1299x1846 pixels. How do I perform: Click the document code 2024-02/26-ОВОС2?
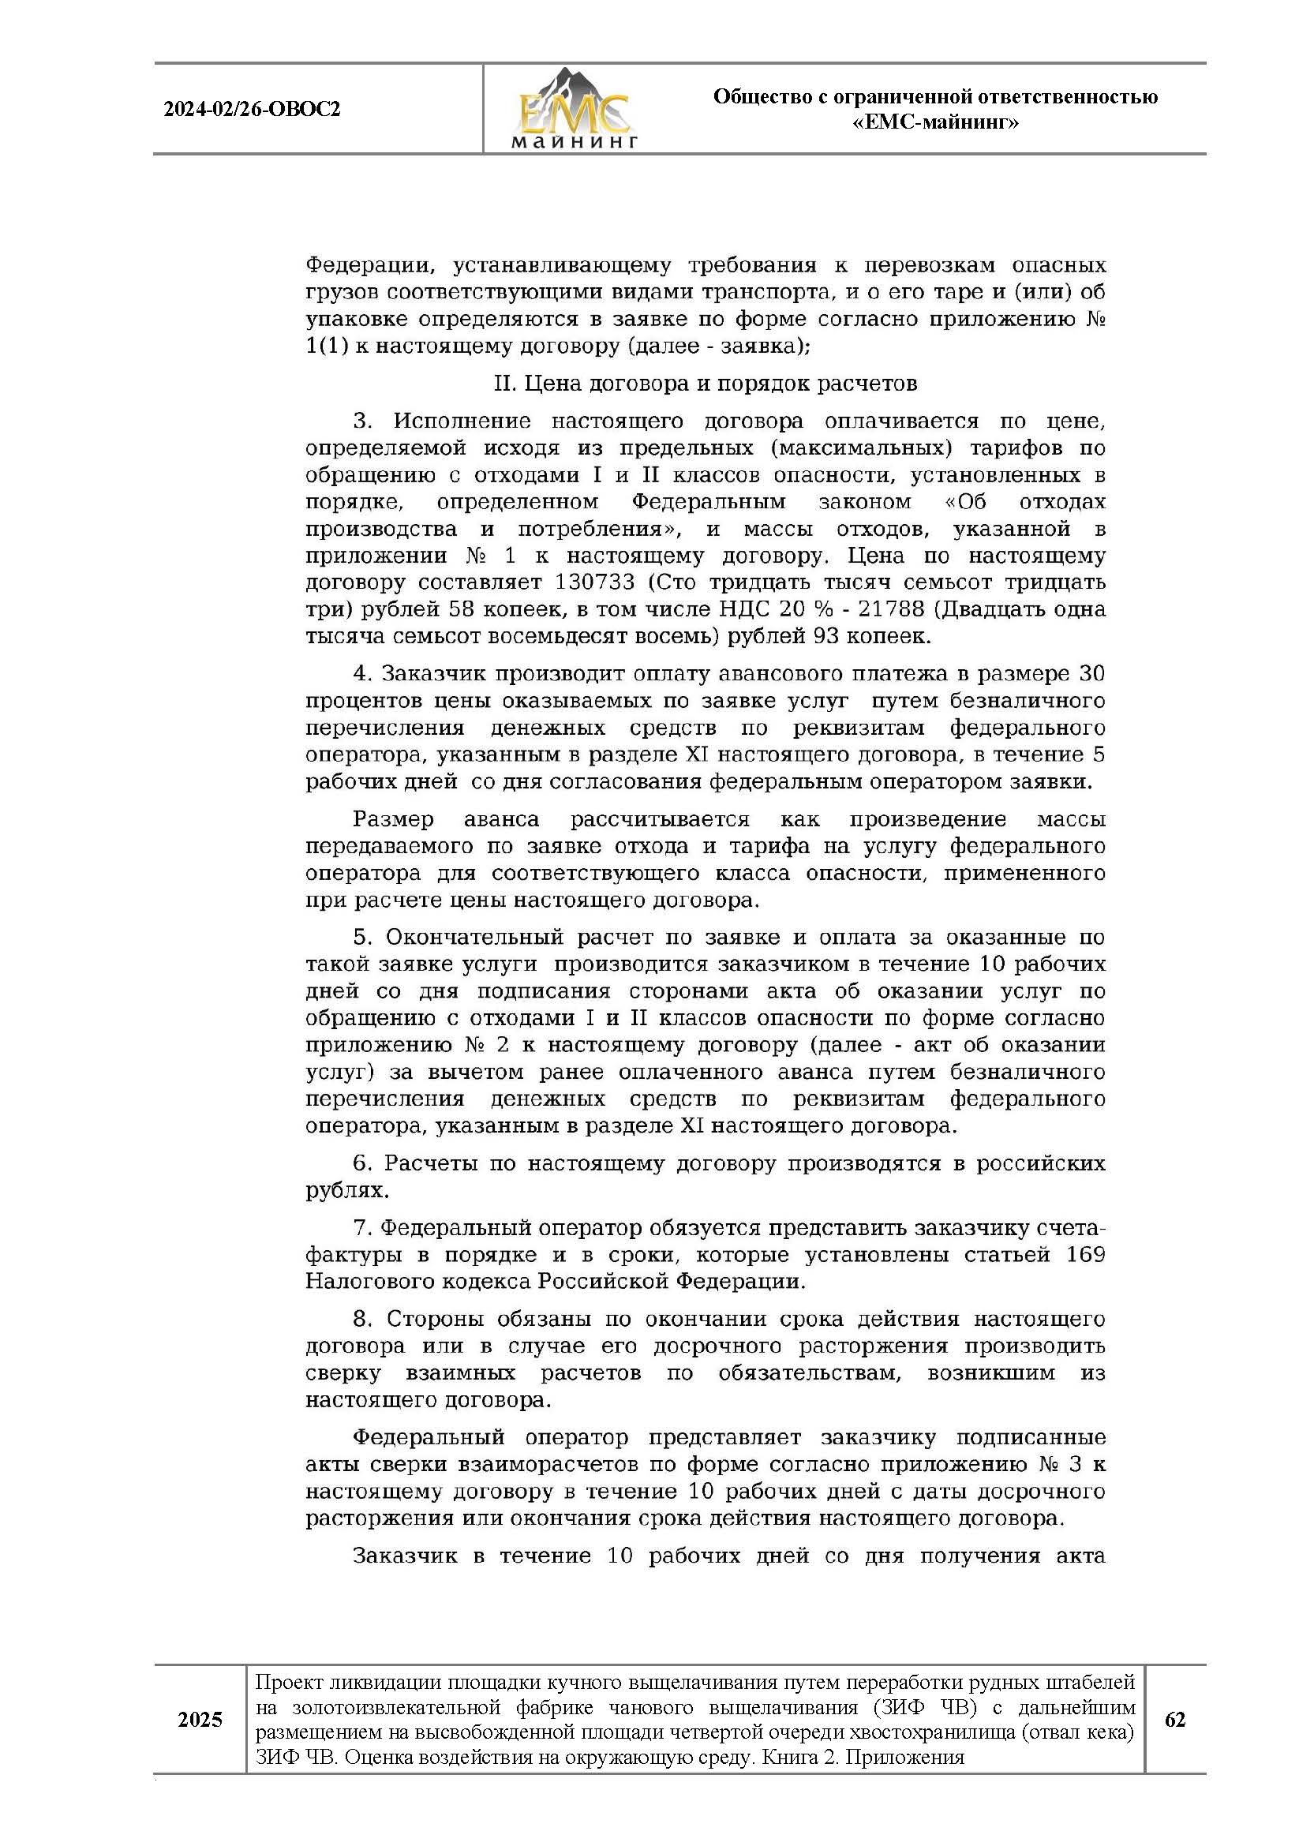click(x=252, y=110)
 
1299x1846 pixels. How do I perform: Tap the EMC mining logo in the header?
click(x=574, y=110)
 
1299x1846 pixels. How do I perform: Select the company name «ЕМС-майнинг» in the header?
click(x=935, y=123)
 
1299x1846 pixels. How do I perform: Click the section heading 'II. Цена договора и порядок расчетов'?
click(x=705, y=384)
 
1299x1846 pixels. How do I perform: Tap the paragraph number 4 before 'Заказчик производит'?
click(x=359, y=673)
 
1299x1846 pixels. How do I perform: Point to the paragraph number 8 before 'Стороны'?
click(x=361, y=1319)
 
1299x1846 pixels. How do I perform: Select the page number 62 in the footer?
click(x=1174, y=1719)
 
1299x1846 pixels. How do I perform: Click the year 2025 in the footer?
click(x=200, y=1720)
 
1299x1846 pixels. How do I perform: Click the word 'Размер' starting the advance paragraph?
click(x=393, y=819)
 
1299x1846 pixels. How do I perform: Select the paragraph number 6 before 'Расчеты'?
click(x=360, y=1163)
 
